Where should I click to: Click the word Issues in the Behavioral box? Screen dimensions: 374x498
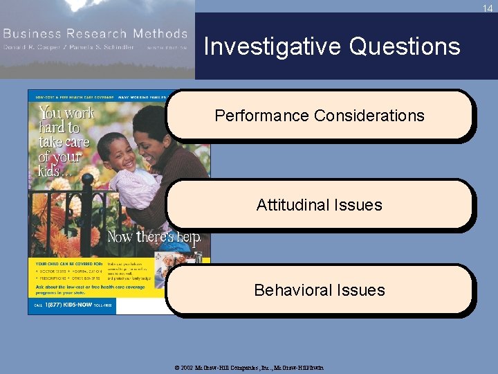(x=361, y=290)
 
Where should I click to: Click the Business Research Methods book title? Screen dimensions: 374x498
(x=95, y=33)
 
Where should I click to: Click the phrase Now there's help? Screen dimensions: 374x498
(x=154, y=238)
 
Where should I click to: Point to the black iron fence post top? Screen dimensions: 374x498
(x=88, y=181)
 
